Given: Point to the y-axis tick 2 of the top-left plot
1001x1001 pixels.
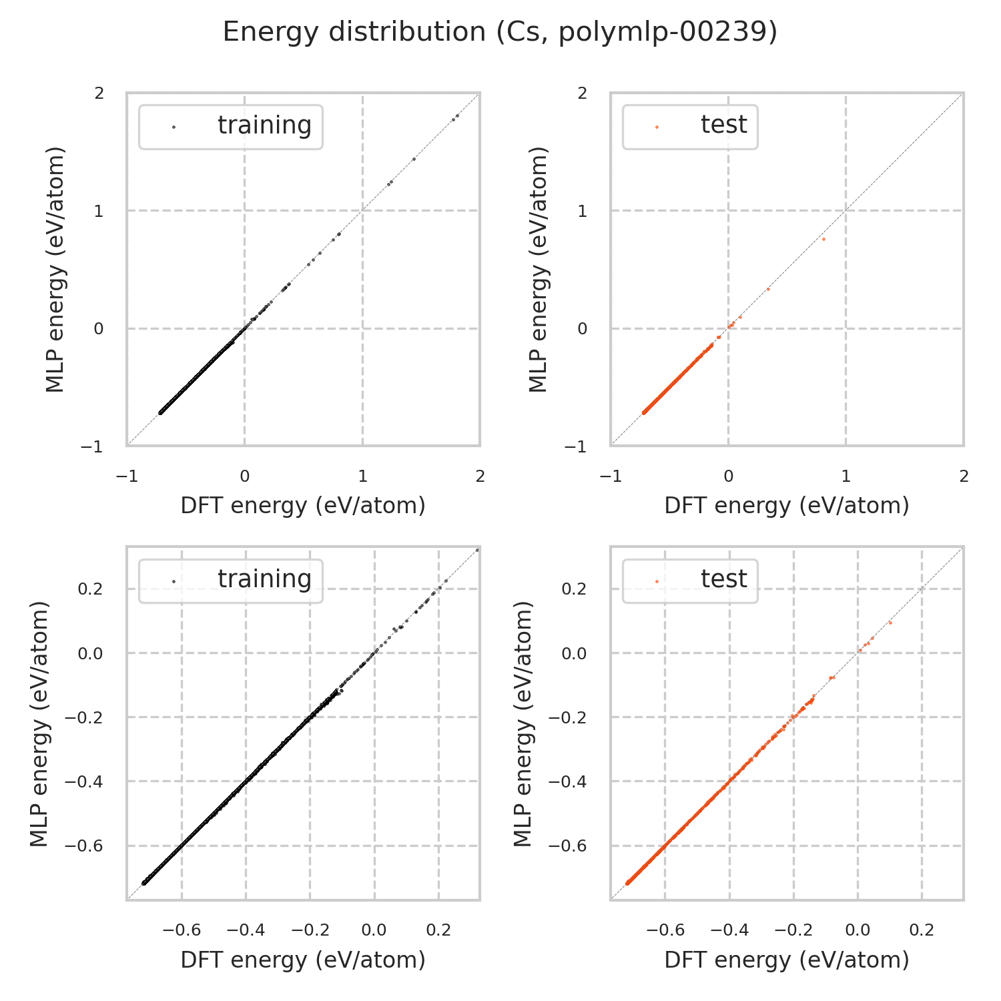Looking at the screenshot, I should (x=99, y=93).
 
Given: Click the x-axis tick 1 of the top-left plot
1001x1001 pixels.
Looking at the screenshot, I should (x=362, y=476).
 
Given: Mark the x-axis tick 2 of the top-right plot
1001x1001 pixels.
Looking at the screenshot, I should (x=963, y=476).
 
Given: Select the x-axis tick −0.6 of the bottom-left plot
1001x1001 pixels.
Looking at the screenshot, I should (x=182, y=930).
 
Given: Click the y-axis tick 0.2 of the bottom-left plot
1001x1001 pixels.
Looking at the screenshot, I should (x=91, y=589).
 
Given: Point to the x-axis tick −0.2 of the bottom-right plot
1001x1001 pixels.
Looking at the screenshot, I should (x=793, y=930).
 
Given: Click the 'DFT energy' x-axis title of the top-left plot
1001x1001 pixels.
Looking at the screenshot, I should (x=303, y=506).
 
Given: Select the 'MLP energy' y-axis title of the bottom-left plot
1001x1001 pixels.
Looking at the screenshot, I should (x=40, y=724).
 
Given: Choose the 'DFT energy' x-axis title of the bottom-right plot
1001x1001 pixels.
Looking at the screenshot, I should (x=787, y=960).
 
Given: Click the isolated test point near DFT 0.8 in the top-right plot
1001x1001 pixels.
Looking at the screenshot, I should (x=823, y=239).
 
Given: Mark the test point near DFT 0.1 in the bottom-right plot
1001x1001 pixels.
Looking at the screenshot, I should (x=890, y=623).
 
